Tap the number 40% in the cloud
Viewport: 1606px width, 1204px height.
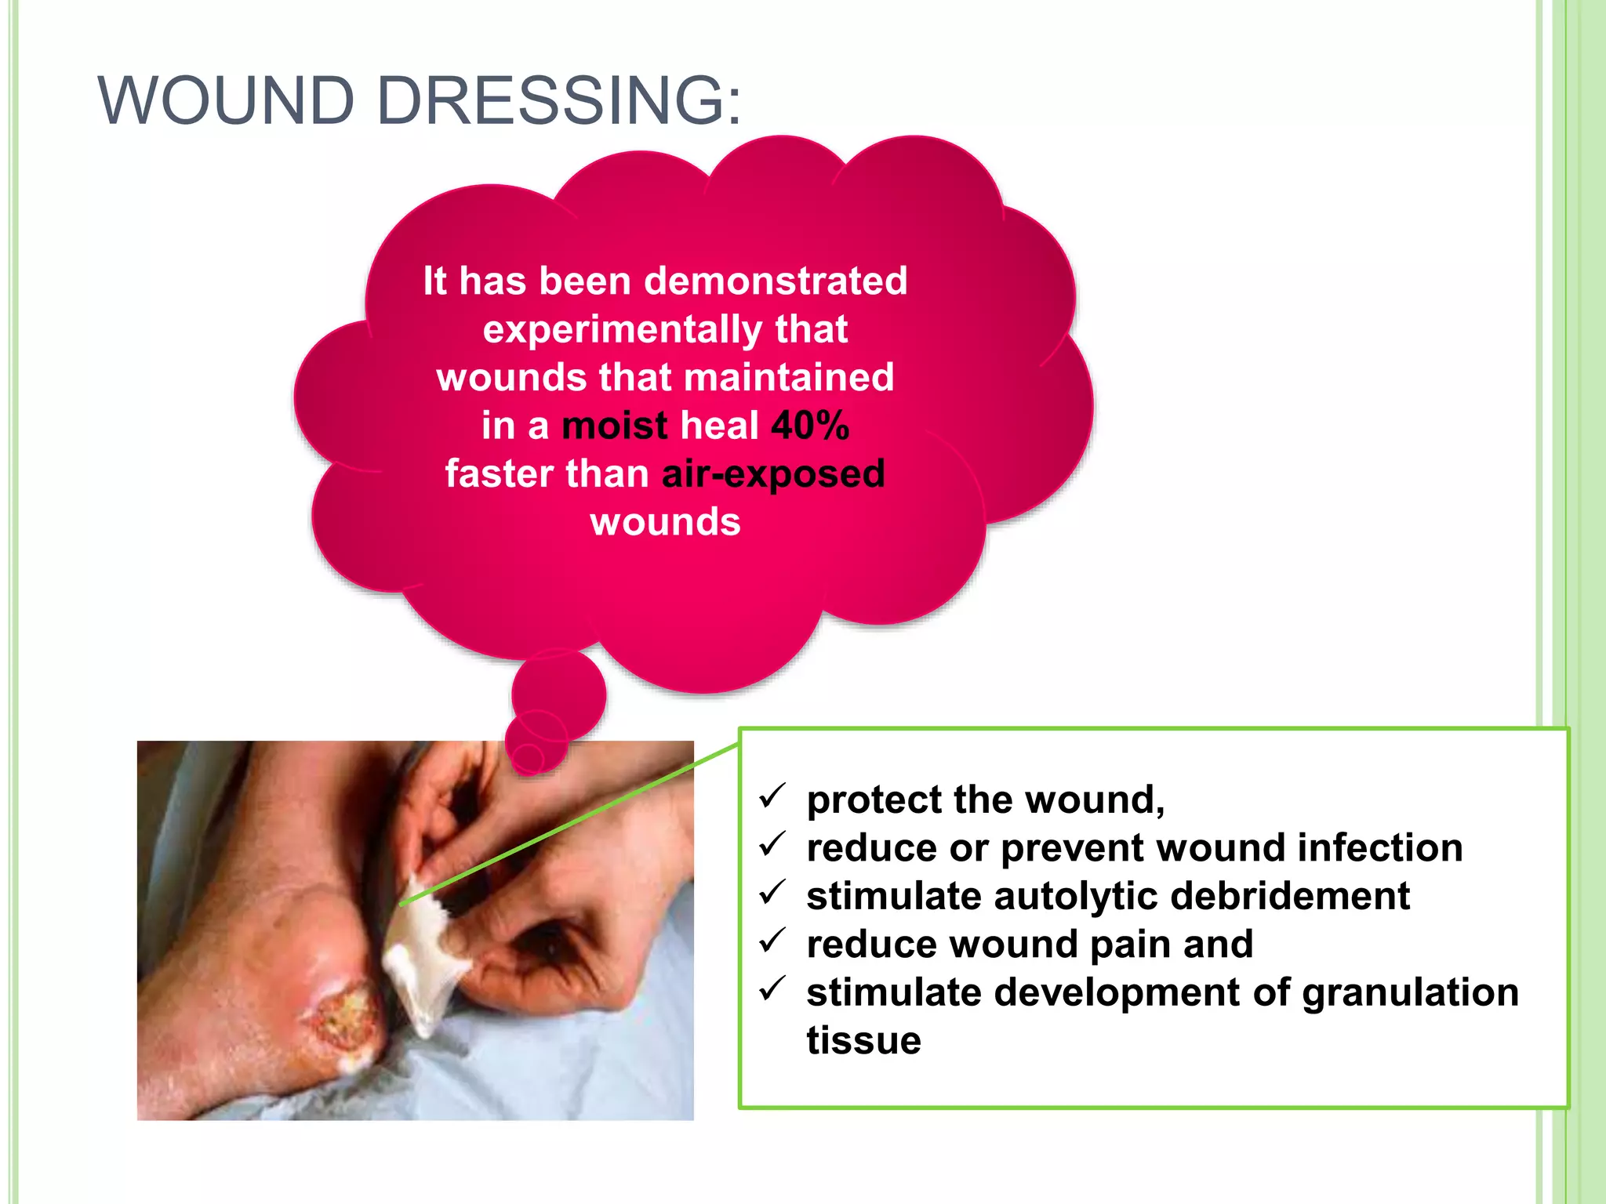click(810, 426)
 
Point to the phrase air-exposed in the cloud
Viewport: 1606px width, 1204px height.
click(773, 474)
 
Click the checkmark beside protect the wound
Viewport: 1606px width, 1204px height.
click(772, 797)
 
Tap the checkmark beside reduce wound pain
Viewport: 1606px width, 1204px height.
click(772, 941)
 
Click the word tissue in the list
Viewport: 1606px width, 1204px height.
click(863, 1041)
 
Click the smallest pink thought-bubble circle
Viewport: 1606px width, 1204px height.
click(529, 757)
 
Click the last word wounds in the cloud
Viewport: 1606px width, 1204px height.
click(665, 522)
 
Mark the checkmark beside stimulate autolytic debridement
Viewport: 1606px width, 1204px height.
click(772, 894)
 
